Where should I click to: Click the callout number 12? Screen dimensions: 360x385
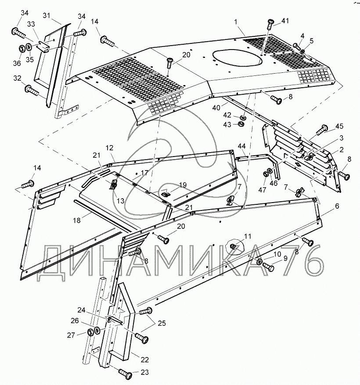tap(109, 147)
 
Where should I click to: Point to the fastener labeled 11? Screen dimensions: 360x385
tap(234, 247)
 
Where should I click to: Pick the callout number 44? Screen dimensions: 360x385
tap(241, 145)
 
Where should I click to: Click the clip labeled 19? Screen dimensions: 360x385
tap(166, 192)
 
